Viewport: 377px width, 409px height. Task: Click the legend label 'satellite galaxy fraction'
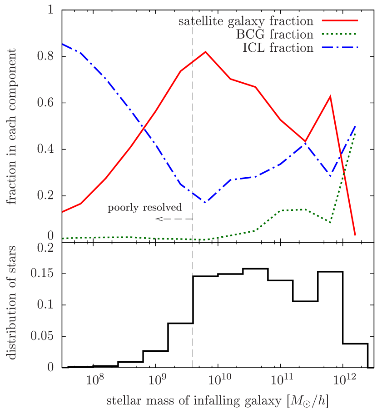246,21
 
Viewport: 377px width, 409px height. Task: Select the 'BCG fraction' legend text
274,35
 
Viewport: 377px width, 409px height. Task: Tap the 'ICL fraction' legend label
278,48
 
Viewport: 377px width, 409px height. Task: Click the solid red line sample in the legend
340,21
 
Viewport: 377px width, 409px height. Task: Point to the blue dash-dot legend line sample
340,48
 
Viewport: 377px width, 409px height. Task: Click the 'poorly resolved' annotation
144,208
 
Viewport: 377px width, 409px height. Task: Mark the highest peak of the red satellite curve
205,51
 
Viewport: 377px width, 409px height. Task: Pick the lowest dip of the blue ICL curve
205,202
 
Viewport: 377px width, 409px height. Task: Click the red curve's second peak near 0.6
330,96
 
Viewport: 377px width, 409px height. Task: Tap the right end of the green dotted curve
355,132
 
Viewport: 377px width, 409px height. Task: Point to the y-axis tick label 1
50,10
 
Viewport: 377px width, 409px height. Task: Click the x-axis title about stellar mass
217,401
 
